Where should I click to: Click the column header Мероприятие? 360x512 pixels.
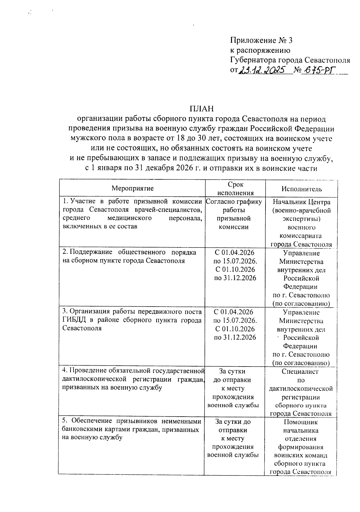pos(133,188)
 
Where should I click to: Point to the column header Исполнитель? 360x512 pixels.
pos(301,189)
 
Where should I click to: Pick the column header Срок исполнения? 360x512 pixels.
pos(235,188)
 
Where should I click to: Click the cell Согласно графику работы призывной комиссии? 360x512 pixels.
pos(234,214)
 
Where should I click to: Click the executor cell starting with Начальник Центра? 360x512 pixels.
pos(301,223)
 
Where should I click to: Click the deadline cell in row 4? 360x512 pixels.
pos(233,388)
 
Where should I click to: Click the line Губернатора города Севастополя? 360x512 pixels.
pos(290,60)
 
